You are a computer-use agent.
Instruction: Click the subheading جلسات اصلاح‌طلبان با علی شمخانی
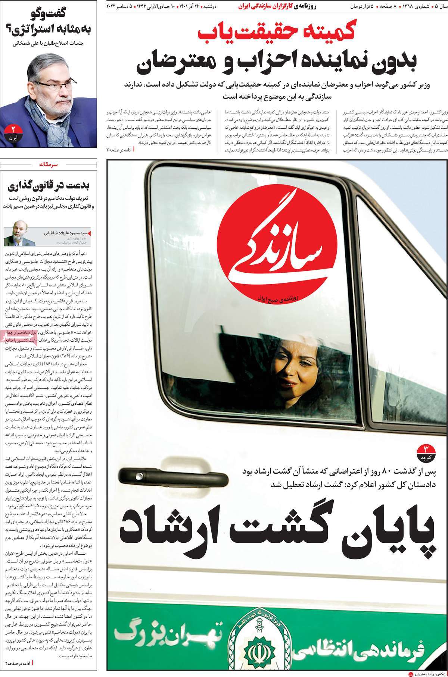pyautogui.click(x=49, y=44)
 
